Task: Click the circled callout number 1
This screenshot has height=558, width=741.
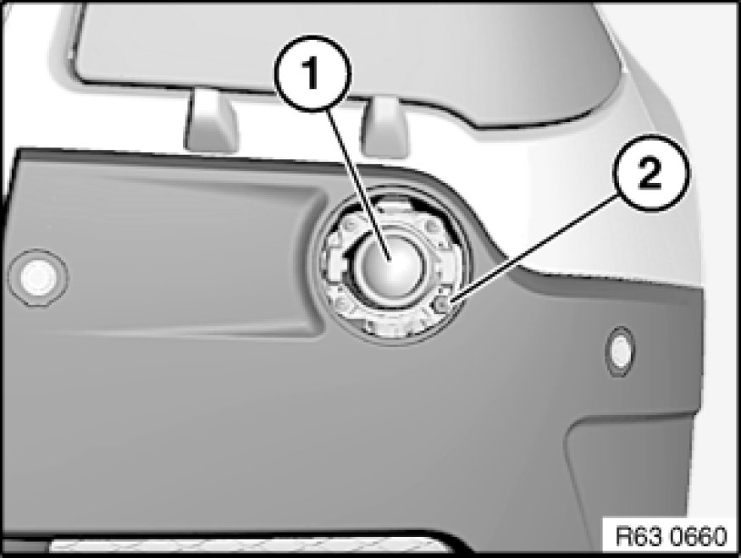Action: (x=312, y=73)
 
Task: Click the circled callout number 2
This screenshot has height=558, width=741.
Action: (x=650, y=173)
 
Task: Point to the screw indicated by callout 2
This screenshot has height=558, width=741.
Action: (x=443, y=306)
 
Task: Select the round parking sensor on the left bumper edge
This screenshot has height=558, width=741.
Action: (x=38, y=279)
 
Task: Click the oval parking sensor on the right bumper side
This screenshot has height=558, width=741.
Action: (x=620, y=351)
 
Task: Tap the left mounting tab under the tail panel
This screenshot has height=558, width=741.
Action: (x=211, y=120)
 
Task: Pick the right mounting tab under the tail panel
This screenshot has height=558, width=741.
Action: (x=386, y=127)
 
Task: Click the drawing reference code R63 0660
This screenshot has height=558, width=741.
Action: (x=671, y=536)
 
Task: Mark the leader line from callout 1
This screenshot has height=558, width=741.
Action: (x=356, y=185)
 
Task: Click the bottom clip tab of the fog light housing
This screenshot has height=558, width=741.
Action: (x=390, y=328)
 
